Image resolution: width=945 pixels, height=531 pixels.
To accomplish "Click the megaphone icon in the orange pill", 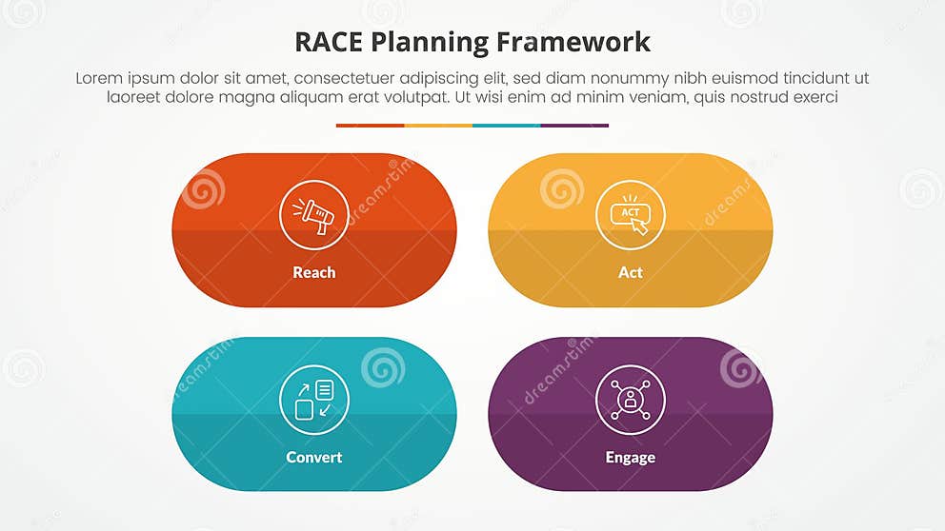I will pyautogui.click(x=314, y=215).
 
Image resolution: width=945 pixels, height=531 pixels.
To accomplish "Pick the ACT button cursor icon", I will pyautogui.click(x=631, y=215).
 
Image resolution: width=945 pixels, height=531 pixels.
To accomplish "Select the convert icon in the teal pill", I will pyautogui.click(x=314, y=400).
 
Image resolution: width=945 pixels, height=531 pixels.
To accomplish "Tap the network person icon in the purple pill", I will pyautogui.click(x=631, y=400).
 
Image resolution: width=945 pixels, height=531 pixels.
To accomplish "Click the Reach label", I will pyautogui.click(x=314, y=272).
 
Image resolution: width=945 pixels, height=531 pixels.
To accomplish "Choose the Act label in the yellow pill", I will pyautogui.click(x=631, y=272).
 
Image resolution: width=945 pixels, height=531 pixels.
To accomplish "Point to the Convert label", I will pyautogui.click(x=314, y=457).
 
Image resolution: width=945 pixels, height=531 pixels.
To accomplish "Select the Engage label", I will pyautogui.click(x=631, y=457).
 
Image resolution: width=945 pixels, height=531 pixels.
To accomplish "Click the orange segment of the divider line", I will pyautogui.click(x=370, y=125).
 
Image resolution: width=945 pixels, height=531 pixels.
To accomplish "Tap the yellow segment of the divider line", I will pyautogui.click(x=438, y=125).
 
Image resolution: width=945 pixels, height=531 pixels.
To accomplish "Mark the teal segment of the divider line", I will pyautogui.click(x=507, y=125).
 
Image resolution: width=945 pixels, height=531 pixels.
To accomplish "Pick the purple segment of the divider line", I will pyautogui.click(x=574, y=125).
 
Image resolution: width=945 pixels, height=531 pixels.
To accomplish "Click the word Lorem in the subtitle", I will pyautogui.click(x=99, y=78).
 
